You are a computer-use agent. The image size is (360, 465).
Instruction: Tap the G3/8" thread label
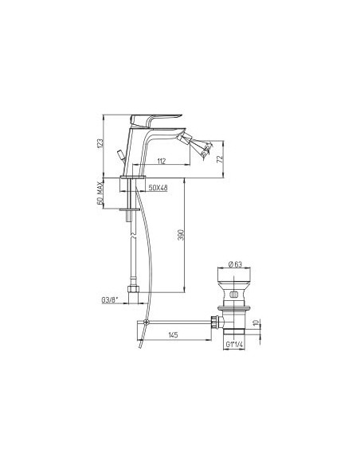point(110,300)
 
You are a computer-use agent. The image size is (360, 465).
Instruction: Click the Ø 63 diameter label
point(236,264)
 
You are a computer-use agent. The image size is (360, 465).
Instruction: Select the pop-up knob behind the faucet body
point(120,153)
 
